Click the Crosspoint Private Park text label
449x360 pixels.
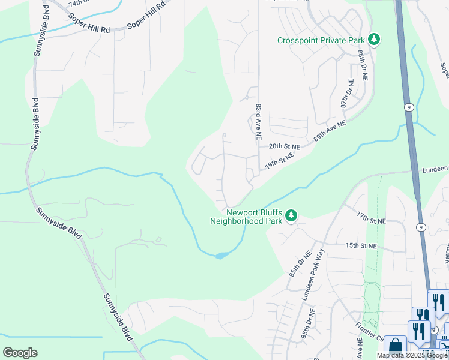[x=321, y=41]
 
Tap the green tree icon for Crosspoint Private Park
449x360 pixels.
[x=375, y=40]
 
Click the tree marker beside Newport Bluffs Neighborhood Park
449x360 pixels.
[x=291, y=215]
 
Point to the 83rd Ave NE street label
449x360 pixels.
[x=258, y=121]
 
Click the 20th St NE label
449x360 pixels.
[x=283, y=146]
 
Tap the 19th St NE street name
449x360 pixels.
[x=280, y=160]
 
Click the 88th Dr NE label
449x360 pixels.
[x=363, y=65]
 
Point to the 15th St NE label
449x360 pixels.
[x=360, y=246]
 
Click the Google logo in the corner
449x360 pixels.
[x=20, y=353]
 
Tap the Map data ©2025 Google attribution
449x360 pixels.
[x=412, y=355]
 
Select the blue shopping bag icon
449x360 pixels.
[x=396, y=346]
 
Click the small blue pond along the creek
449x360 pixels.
[x=221, y=255]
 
